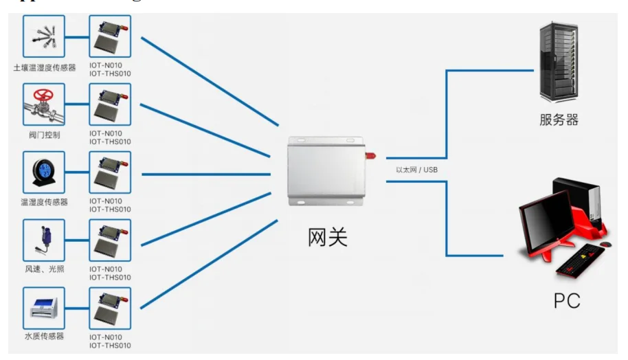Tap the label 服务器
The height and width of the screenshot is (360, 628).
[x=559, y=120]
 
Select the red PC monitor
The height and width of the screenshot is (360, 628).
[x=547, y=221]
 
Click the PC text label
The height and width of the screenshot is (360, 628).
[x=567, y=300]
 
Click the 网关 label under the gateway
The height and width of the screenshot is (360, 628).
[x=327, y=237]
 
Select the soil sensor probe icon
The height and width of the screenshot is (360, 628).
[x=44, y=37]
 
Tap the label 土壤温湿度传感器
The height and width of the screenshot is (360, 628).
[x=44, y=68]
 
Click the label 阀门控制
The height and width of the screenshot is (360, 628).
[x=44, y=135]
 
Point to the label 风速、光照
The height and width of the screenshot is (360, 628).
[x=44, y=269]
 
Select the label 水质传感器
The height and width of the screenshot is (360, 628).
[x=44, y=336]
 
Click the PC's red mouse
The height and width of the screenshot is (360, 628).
[x=605, y=244]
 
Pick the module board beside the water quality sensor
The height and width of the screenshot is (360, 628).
[x=110, y=309]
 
